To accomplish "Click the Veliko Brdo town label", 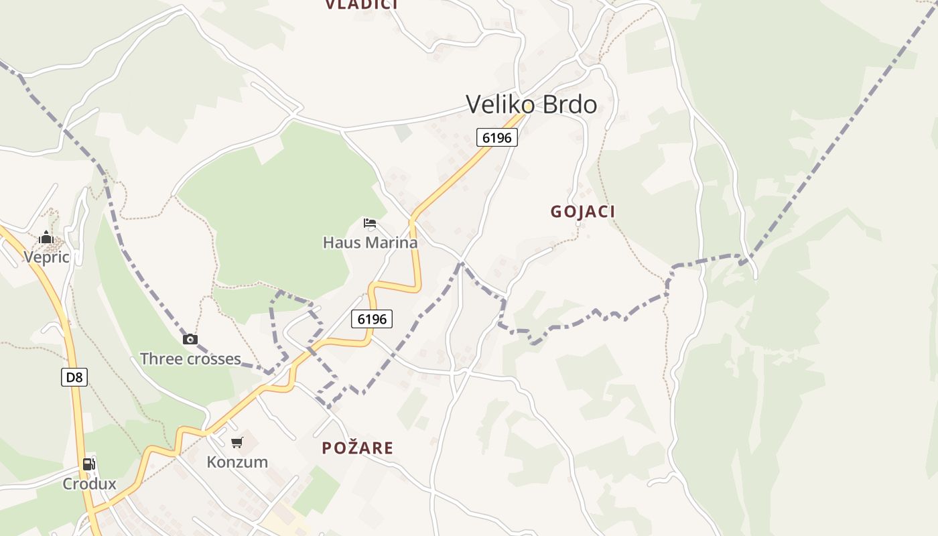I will (531, 105).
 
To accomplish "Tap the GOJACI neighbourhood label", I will (583, 212).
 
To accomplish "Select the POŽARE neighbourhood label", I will (357, 448).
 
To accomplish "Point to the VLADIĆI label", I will (362, 5).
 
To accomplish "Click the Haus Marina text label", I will (370, 243).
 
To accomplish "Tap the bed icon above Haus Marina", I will (370, 223).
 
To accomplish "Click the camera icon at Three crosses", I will (190, 339).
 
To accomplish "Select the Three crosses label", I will (190, 359).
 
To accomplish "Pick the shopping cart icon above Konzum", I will (237, 442).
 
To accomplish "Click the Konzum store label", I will (237, 462).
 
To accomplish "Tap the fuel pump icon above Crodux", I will (88, 464).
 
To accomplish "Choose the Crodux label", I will (89, 484).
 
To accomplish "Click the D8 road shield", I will (74, 377).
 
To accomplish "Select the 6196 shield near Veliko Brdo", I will (497, 138).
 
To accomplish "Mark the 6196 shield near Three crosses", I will (372, 319).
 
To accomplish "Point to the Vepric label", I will (46, 257).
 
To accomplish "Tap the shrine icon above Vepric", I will (46, 237).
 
